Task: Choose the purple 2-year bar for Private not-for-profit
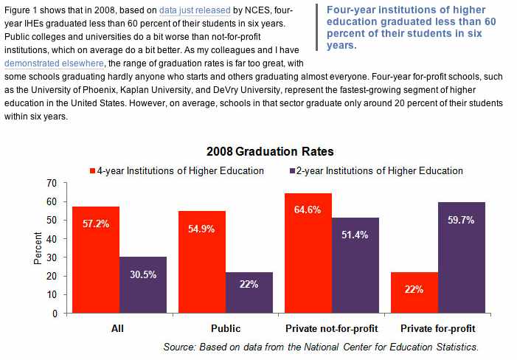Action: click(x=355, y=265)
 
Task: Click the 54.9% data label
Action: click(x=202, y=229)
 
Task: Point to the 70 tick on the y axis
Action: click(x=52, y=182)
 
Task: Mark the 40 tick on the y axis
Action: click(x=52, y=238)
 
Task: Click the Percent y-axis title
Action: click(x=38, y=248)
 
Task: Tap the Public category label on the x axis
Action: click(x=225, y=328)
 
